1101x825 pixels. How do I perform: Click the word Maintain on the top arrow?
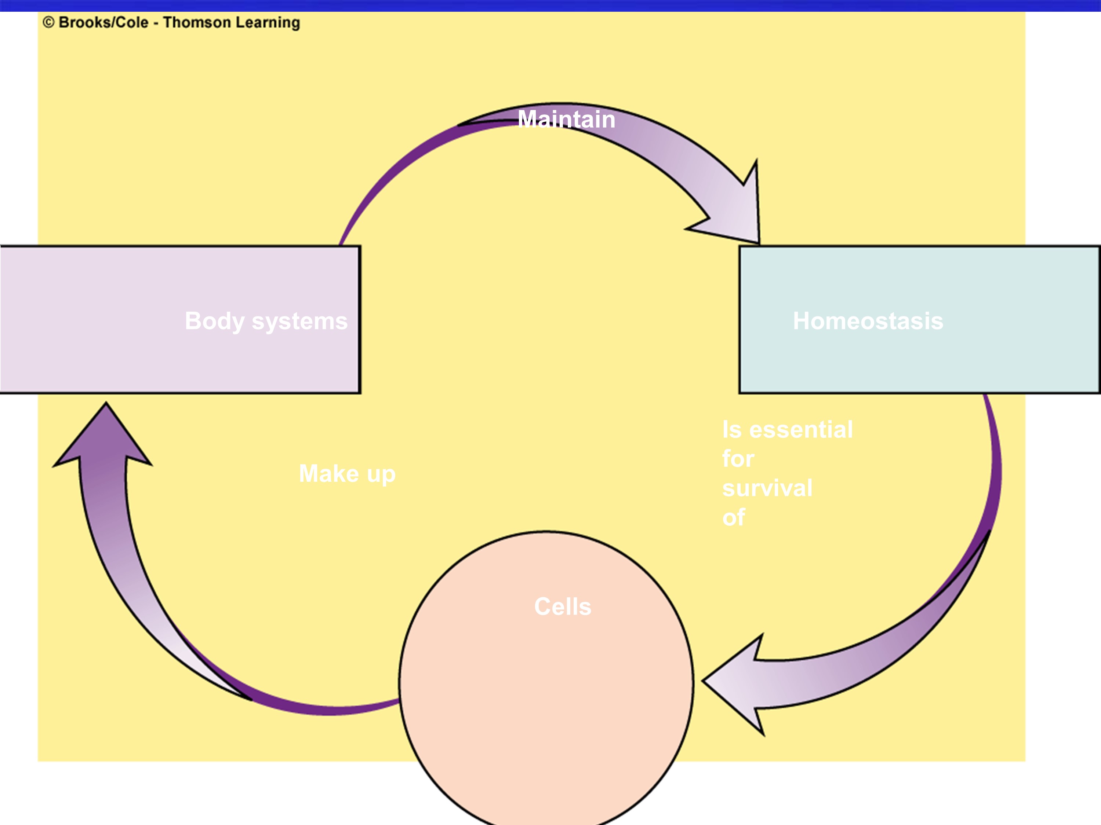(566, 119)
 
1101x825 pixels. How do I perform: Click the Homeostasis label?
(868, 321)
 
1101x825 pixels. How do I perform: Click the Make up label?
(347, 473)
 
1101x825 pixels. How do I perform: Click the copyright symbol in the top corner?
(48, 22)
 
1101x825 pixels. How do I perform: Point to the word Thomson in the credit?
(197, 22)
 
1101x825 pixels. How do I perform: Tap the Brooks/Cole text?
(103, 22)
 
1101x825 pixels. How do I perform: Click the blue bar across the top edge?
(550, 5)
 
